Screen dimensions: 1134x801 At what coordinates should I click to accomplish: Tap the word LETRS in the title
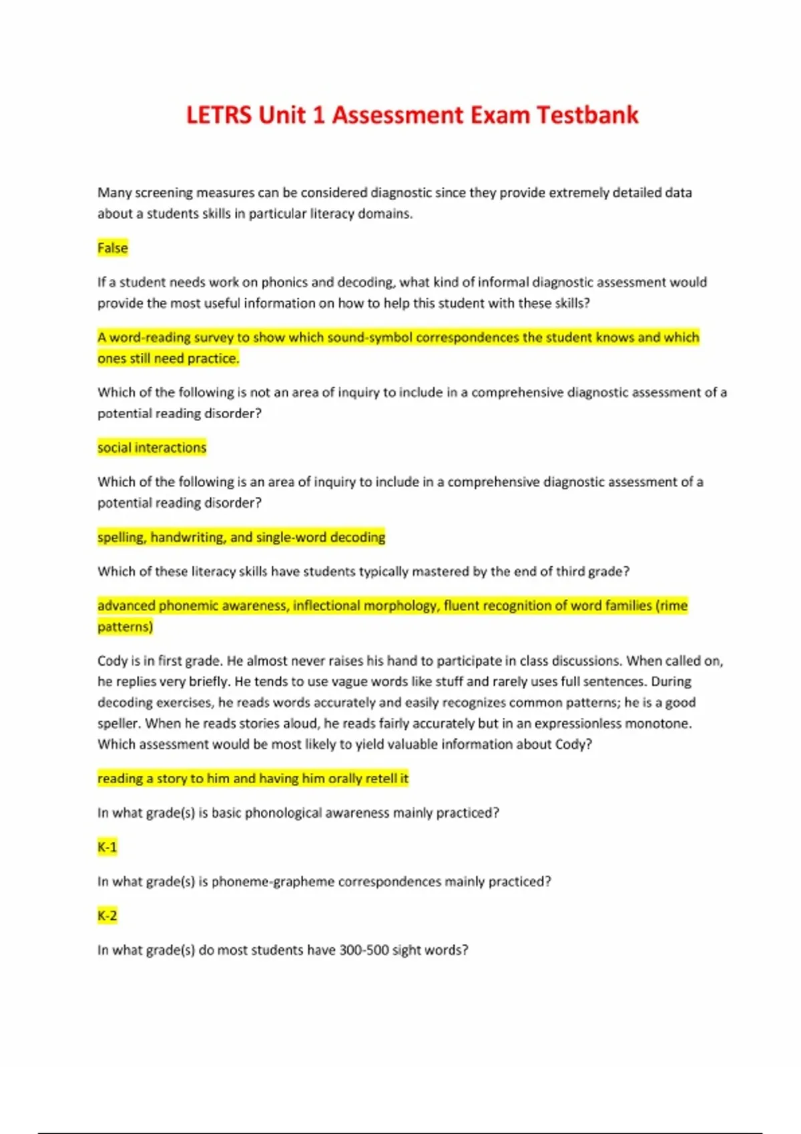(x=219, y=115)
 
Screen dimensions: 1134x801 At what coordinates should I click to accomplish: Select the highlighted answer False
(x=112, y=248)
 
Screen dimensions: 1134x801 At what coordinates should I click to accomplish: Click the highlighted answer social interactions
(x=152, y=448)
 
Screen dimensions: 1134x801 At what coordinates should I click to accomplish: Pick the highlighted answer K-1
(x=107, y=847)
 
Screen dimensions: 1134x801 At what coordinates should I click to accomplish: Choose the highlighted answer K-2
(x=107, y=916)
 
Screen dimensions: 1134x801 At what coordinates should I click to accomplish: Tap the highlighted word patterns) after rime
(x=125, y=627)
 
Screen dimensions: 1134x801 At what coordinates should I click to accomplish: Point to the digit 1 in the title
(x=318, y=115)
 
